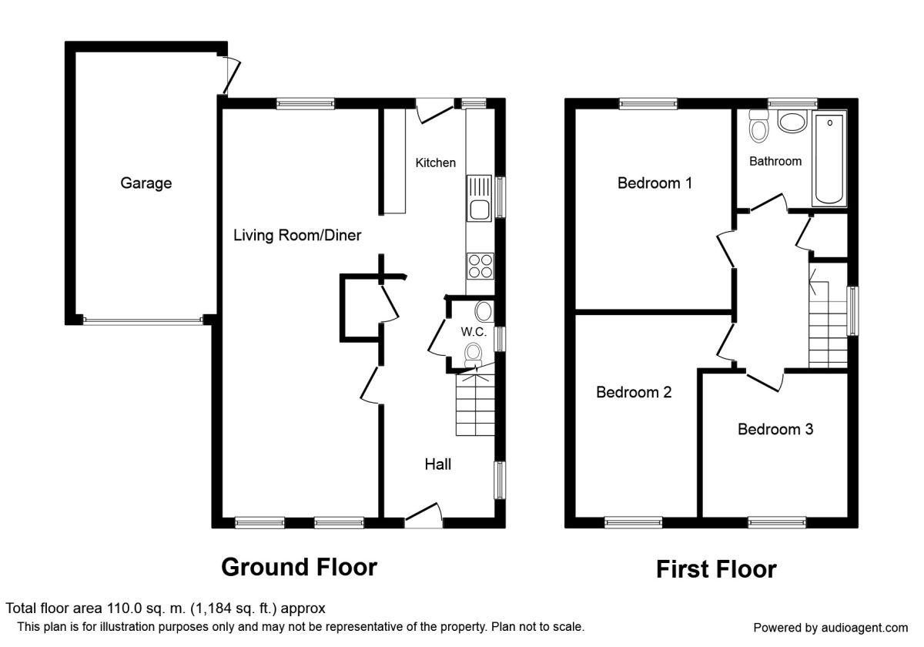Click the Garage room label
tap(146, 183)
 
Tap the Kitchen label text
tap(435, 163)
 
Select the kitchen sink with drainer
tap(479, 199)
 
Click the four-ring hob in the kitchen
tap(480, 267)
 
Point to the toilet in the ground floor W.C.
tap(473, 355)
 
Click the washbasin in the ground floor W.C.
tap(484, 311)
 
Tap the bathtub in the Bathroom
tap(829, 159)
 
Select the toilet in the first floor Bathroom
tap(758, 126)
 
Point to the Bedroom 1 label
tap(654, 183)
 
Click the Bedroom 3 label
tap(775, 430)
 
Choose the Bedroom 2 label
tap(634, 392)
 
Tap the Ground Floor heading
tap(299, 567)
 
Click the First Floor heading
tap(716, 569)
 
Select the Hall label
tap(437, 464)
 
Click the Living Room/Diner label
tap(297, 235)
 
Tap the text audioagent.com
tap(865, 628)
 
